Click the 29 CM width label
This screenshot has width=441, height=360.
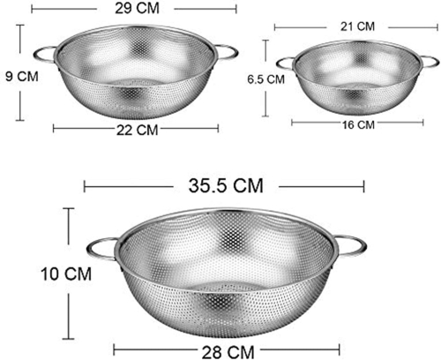pos(137,8)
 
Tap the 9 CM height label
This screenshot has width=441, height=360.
pos(22,77)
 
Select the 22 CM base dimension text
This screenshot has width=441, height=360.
pos(138,130)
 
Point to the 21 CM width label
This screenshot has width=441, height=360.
pos(357,26)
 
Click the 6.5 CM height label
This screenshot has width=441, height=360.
pos(265,79)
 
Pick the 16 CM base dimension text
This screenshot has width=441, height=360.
pos(358,125)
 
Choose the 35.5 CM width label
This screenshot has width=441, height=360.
pos(226,186)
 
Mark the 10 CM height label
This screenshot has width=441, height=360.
pos(66,274)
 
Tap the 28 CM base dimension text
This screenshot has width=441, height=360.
pos(228,352)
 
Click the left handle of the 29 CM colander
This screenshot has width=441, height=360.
pos(44,55)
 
